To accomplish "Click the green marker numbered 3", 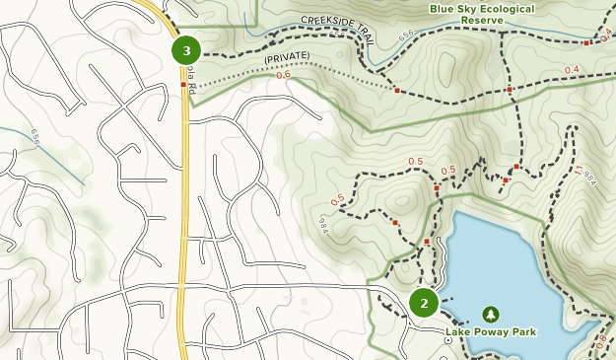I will point(186,49).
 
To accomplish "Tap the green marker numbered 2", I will point(424,303).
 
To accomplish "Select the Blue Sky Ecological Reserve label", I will point(482,14).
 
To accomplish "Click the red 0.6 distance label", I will point(284,75).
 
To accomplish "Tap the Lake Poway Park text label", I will point(491,332).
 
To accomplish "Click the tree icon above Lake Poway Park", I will point(491,314).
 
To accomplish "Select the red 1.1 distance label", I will point(578,170).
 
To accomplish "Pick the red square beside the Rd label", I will point(182,85).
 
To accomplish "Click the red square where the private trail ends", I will point(396,90).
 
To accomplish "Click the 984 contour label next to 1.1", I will point(590,179).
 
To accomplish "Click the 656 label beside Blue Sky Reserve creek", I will point(407,36).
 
